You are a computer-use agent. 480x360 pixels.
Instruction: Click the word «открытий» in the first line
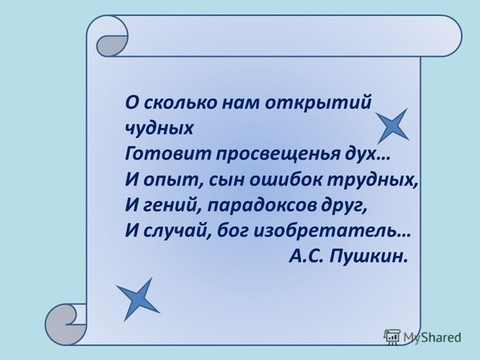pyautogui.click(x=318, y=103)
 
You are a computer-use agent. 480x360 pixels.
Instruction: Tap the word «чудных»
pyautogui.click(x=159, y=129)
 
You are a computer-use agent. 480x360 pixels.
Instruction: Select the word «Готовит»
pyautogui.click(x=168, y=153)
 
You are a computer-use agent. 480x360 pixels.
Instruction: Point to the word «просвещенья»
pyautogui.click(x=278, y=154)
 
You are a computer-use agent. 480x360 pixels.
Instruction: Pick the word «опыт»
pyautogui.click(x=171, y=180)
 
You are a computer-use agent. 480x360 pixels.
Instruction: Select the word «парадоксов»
pyautogui.click(x=262, y=206)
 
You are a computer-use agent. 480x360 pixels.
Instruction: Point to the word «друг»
pyautogui.click(x=341, y=206)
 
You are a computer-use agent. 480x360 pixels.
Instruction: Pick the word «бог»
pyautogui.click(x=234, y=231)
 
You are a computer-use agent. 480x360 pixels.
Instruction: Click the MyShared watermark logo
pyautogui.click(x=422, y=337)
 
